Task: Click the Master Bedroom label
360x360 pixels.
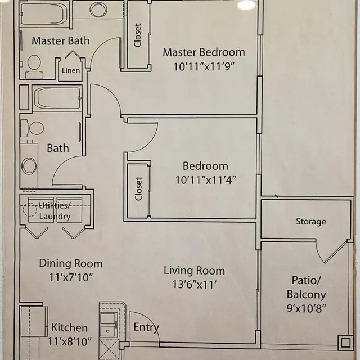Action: pos(204,52)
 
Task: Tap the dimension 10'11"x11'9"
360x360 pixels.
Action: pos(204,66)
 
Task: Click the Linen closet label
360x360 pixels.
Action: pos(71,70)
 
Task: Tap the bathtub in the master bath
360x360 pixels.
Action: pos(43,13)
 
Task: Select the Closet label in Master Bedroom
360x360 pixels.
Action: pos(138,35)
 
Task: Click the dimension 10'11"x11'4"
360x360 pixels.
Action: pos(205,180)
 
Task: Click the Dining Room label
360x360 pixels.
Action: pos(71,263)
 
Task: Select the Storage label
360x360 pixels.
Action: pos(311,222)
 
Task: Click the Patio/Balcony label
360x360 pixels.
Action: pos(307,287)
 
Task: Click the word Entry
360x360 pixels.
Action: pos(146,327)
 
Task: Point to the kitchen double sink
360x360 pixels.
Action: pos(109,323)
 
